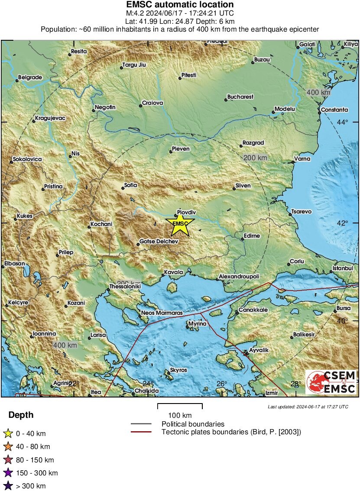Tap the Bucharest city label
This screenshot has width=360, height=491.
click(240, 97)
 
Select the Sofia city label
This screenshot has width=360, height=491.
click(130, 185)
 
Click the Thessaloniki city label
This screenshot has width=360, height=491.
click(126, 287)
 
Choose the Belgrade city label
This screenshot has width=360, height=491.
click(30, 78)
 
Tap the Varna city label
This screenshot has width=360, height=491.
click(302, 159)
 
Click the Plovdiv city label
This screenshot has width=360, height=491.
click(188, 212)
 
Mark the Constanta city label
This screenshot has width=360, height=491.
click(334, 110)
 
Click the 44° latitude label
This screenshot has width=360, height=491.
click(343, 123)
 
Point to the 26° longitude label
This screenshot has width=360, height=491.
click(222, 384)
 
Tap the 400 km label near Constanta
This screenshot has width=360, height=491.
click(318, 93)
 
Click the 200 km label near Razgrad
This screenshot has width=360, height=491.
click(255, 158)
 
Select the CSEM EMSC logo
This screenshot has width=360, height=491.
click(331, 382)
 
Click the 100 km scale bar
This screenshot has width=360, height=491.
click(180, 406)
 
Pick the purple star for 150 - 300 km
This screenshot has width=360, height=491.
click(8, 473)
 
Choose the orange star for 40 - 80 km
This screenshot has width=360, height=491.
click(8, 446)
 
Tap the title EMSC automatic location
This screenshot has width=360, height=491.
click(180, 5)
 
